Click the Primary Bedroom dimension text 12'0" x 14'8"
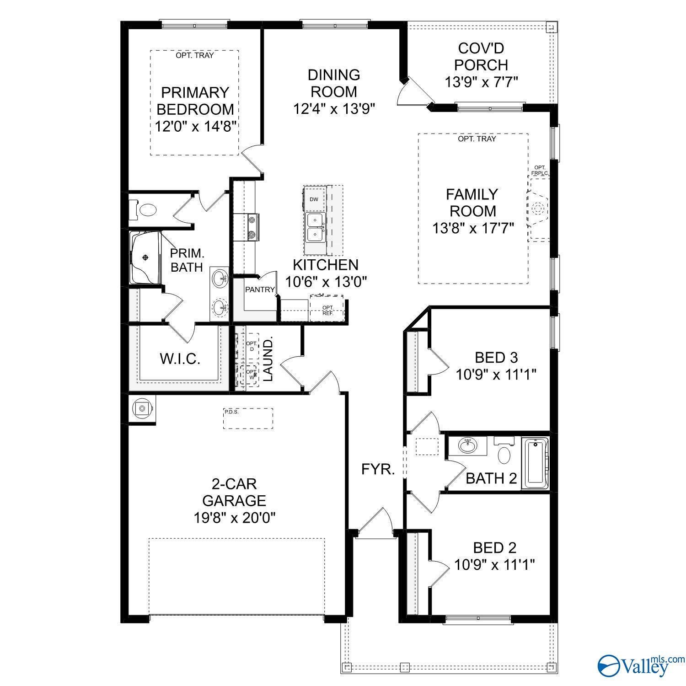195,126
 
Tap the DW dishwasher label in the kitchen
314,199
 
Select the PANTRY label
260,289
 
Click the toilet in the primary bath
147,210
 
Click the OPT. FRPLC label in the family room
540,171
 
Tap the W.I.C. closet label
180,359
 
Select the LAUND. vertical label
268,359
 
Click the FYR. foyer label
378,469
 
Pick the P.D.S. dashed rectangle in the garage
248,418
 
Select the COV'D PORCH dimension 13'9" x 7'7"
481,82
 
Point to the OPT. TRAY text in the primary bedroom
194,56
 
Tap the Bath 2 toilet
504,454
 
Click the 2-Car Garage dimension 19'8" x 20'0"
234,517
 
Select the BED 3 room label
496,357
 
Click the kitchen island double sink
315,227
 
